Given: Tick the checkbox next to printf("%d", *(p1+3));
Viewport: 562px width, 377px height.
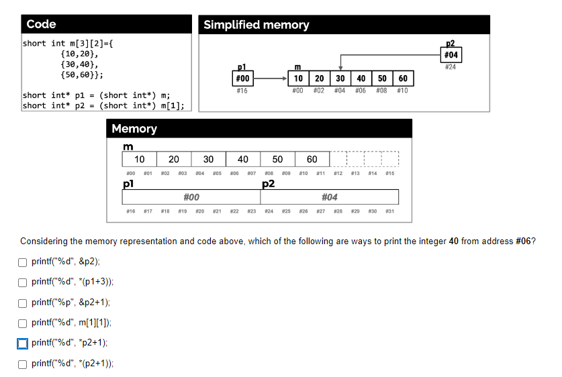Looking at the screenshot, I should point(23,282).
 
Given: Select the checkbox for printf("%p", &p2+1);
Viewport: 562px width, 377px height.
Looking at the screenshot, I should point(23,303).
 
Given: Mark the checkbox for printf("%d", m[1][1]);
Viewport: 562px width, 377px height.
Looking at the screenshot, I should point(23,323).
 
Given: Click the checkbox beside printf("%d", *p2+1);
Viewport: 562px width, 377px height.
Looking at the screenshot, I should point(23,343).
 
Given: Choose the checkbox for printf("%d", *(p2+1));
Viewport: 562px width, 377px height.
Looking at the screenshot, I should point(23,364).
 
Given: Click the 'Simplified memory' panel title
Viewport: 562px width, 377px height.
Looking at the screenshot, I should point(256,25).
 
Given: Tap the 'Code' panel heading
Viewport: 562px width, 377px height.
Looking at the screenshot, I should point(41,24).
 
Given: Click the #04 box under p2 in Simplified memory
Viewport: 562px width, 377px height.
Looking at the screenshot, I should point(451,54).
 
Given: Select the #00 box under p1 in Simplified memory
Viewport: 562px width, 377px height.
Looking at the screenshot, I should point(242,79).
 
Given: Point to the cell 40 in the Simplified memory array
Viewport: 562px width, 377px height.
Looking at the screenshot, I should point(361,79).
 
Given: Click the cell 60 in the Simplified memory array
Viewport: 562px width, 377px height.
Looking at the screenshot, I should point(402,79).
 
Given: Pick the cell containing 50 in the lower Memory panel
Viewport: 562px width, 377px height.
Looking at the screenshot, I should point(277,159).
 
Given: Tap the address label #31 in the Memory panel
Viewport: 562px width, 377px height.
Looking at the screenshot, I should point(389,211).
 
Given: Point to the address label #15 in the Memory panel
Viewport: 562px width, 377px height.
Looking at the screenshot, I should point(389,173).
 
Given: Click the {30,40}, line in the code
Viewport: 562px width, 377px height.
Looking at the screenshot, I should point(79,65).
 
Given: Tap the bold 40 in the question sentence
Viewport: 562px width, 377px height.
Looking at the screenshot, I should point(453,241).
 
